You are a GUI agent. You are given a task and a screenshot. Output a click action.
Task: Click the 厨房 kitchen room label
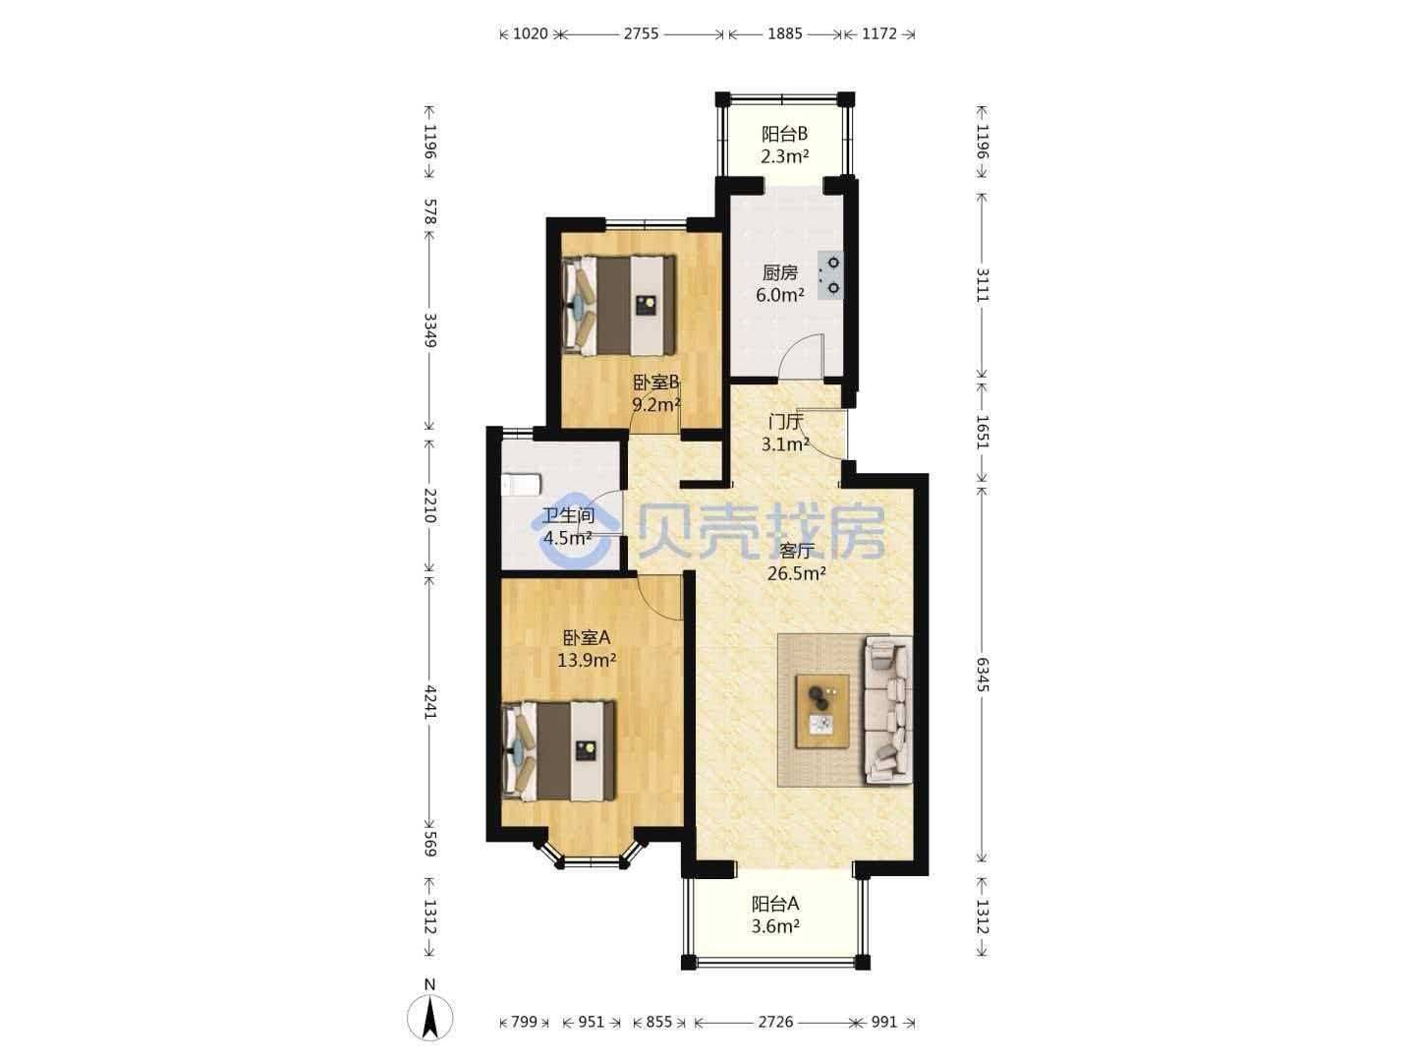coord(779,272)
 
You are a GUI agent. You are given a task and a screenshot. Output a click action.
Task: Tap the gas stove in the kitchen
coord(830,274)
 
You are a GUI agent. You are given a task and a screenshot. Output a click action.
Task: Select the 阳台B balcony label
coord(784,134)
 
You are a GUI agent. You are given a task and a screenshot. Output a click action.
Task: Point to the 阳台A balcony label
coord(775,904)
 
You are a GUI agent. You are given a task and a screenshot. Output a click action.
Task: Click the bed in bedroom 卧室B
coord(619,305)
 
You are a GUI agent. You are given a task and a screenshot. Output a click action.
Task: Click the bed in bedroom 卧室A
coord(558,751)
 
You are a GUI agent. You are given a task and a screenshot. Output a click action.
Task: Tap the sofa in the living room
coord(888,710)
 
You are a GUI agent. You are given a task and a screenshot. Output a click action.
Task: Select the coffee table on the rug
coord(821,711)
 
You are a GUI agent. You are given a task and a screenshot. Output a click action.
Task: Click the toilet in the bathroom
coord(521,485)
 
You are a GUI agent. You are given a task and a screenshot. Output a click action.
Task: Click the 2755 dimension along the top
coord(641,33)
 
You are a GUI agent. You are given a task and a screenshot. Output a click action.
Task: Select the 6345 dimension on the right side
coord(982,675)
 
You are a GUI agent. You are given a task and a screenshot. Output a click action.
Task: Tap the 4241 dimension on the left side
coord(430,703)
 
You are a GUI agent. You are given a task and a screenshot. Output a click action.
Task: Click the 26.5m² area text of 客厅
coord(797,573)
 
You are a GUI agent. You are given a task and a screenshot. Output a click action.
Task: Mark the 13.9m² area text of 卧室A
coord(587,660)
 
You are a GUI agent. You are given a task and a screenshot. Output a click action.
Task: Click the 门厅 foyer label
coord(785,422)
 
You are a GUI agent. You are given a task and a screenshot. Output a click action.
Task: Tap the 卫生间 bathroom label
coord(568,515)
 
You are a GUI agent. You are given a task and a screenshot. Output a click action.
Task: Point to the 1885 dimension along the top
coord(784,33)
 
